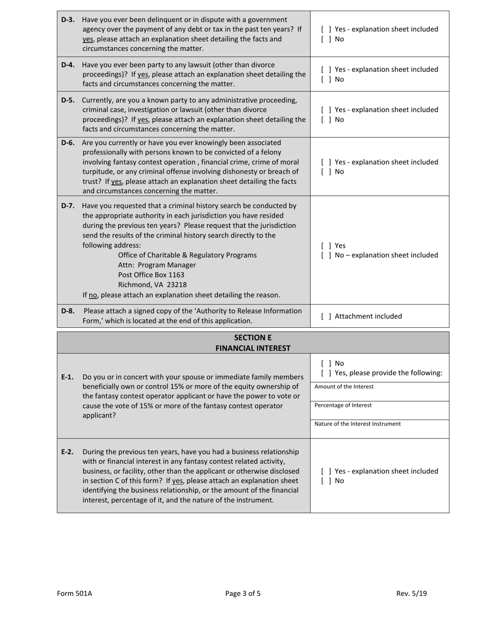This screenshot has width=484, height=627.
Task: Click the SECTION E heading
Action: (253, 337)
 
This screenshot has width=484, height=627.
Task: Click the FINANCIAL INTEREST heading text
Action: (253, 348)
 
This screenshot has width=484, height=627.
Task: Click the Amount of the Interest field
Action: (380, 391)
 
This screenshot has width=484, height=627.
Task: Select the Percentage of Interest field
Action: (380, 410)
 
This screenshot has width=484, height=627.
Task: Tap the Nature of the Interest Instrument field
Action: (380, 428)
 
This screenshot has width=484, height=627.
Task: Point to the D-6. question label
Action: (68, 142)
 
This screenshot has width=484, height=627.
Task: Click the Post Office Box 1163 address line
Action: (144, 275)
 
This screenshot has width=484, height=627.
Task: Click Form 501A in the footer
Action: (74, 593)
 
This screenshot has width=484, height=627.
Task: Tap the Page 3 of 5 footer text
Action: (243, 593)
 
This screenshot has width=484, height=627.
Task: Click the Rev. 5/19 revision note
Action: (412, 593)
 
